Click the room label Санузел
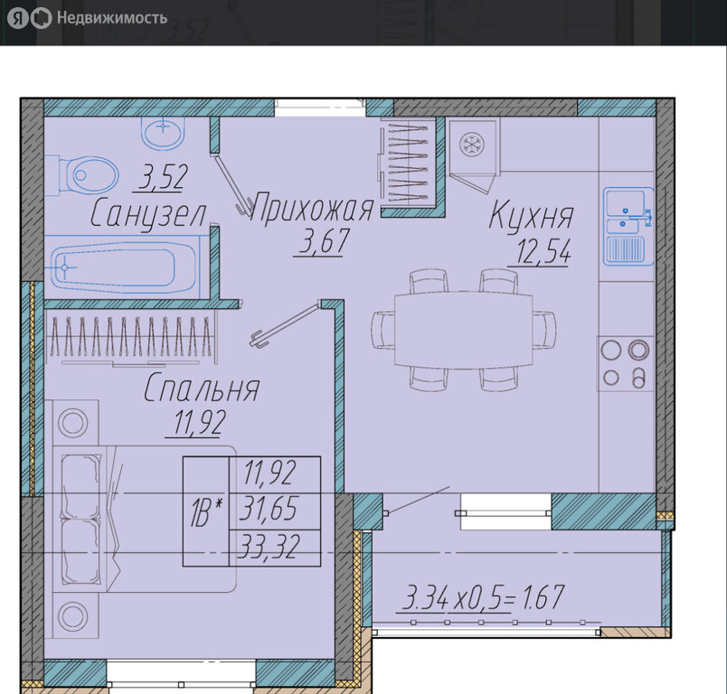pyautogui.click(x=148, y=213)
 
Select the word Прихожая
pyautogui.click(x=312, y=208)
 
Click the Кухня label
pyautogui.click(x=531, y=215)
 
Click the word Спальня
pyautogui.click(x=202, y=388)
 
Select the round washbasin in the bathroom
pyautogui.click(x=163, y=133)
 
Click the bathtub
pyautogui.click(x=113, y=267)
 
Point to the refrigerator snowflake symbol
pyautogui.click(x=471, y=144)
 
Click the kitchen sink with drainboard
pyautogui.click(x=628, y=227)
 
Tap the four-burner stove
pyautogui.click(x=625, y=363)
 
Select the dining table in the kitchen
pyautogui.click(x=463, y=330)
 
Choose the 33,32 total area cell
pyautogui.click(x=269, y=546)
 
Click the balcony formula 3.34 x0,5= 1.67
pyautogui.click(x=483, y=597)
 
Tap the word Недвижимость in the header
pyautogui.click(x=112, y=17)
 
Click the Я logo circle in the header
pyautogui.click(x=18, y=18)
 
